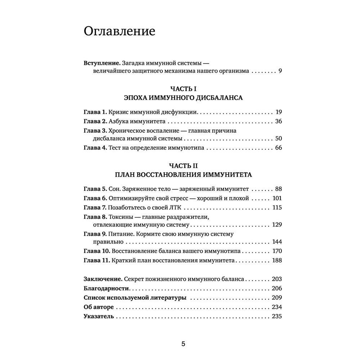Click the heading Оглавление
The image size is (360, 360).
click(119, 32)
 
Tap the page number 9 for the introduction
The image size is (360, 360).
click(280, 71)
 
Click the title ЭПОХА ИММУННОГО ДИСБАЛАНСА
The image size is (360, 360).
click(183, 98)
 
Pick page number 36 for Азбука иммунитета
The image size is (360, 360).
click(278, 121)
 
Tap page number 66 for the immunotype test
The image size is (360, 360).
click(278, 148)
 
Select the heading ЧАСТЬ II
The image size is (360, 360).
click(183, 166)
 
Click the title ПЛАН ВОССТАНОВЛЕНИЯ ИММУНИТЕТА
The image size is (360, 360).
click(183, 175)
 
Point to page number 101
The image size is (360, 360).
click(277, 198)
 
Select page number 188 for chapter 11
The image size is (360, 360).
click(276, 261)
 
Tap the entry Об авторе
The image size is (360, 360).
click(98, 307)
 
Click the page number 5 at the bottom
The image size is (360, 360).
click(183, 344)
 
